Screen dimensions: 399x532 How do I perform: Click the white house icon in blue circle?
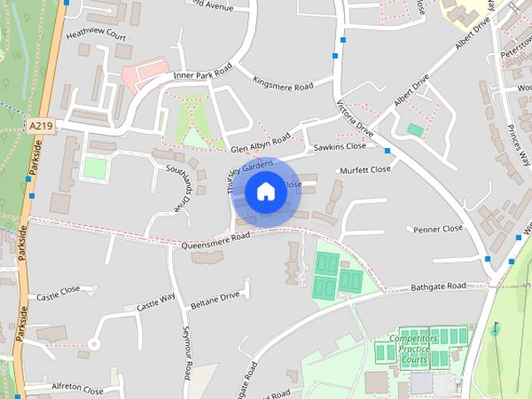pyautogui.click(x=265, y=192)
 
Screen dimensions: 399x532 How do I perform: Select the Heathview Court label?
pyautogui.click(x=96, y=36)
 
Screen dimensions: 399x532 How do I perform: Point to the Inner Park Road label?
pyautogui.click(x=200, y=75)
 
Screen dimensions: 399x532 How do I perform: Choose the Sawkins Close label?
pyautogui.click(x=339, y=147)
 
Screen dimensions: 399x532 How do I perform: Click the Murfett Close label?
pyautogui.click(x=365, y=170)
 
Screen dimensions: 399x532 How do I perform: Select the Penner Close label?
pyautogui.click(x=438, y=229)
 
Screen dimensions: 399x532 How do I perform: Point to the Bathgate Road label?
pyautogui.click(x=438, y=287)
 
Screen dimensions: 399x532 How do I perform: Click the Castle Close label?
pyautogui.click(x=58, y=292)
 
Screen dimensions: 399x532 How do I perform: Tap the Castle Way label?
pyautogui.click(x=155, y=301)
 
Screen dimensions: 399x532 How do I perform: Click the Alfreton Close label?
pyautogui.click(x=77, y=389)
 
